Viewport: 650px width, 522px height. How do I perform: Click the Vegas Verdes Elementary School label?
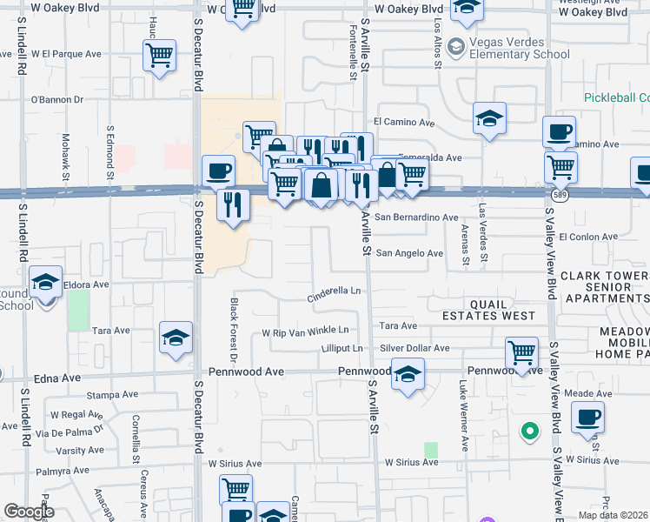(x=520, y=48)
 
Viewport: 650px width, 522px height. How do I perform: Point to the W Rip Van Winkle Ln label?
(x=305, y=331)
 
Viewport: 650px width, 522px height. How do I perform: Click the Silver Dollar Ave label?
(x=415, y=348)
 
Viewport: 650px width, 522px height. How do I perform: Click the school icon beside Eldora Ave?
(x=45, y=283)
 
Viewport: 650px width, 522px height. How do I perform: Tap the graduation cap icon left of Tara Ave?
(x=176, y=338)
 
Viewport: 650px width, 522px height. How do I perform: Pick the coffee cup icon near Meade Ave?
(x=588, y=418)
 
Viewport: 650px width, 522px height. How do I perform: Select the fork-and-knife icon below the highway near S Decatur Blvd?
(x=233, y=204)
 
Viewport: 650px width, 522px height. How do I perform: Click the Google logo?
(x=29, y=512)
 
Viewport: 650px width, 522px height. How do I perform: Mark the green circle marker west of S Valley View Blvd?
(x=527, y=430)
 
